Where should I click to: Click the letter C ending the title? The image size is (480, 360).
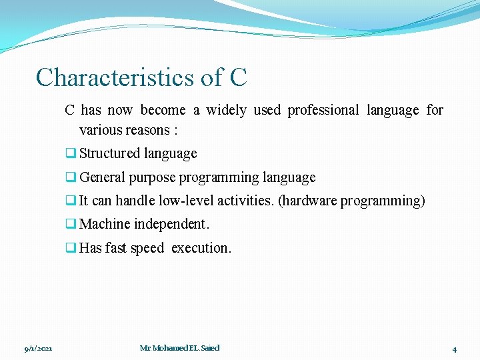point(238,77)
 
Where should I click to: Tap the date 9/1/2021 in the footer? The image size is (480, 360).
point(38,349)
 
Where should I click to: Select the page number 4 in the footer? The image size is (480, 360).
point(454,349)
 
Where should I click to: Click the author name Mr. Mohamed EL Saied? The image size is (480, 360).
point(179,348)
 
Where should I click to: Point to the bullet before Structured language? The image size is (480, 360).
point(69,153)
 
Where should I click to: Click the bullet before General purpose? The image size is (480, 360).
point(69,177)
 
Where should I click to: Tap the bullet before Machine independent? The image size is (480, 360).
point(69,224)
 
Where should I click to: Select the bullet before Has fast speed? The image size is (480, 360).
point(69,248)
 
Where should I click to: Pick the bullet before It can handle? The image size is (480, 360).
point(69,201)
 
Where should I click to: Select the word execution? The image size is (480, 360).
point(201,248)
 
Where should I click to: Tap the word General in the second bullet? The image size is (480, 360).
point(102,177)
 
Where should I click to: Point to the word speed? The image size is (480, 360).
point(147,248)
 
